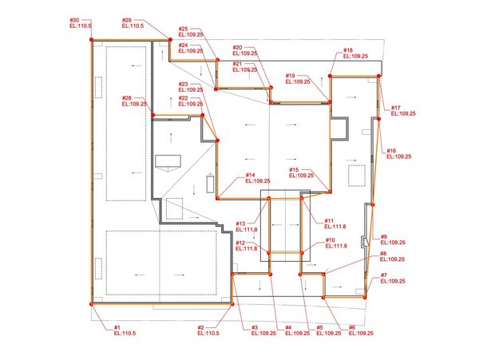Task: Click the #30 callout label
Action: (x=74, y=20)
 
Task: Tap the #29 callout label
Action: (x=127, y=20)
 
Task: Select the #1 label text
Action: (x=117, y=327)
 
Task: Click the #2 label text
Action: (x=201, y=327)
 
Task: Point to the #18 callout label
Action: (x=348, y=50)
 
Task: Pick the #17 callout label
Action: (x=396, y=108)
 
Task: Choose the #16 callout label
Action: (x=391, y=151)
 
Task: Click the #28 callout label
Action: (x=127, y=98)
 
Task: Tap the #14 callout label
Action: (x=250, y=175)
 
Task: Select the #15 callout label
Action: (x=294, y=170)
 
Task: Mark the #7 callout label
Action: (x=384, y=275)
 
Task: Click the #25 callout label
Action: (x=184, y=29)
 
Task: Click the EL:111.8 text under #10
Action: (x=335, y=246)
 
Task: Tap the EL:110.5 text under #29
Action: (x=133, y=26)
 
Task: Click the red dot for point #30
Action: (x=90, y=38)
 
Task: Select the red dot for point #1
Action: (x=91, y=303)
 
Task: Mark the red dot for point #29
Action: (x=169, y=38)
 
